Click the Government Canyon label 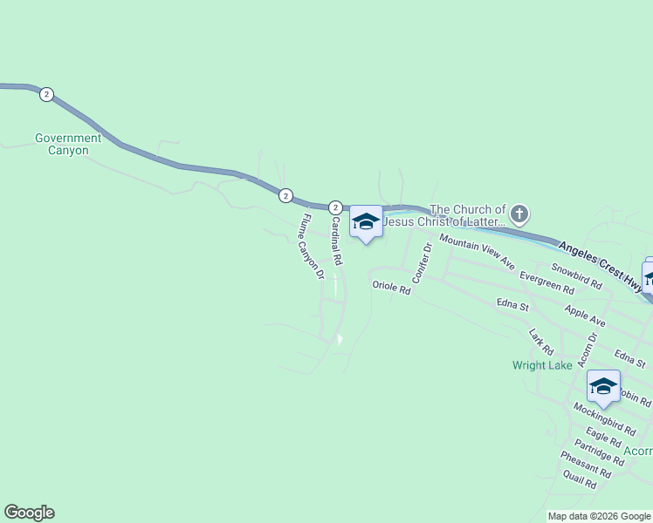[x=68, y=144]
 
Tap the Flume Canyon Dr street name [x=313, y=247]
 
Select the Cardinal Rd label [x=335, y=242]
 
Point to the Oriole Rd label [x=391, y=286]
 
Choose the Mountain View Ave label [x=477, y=251]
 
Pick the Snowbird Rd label [x=576, y=276]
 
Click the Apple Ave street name [x=585, y=316]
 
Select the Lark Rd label [x=541, y=341]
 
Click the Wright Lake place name [x=542, y=365]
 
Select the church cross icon [x=519, y=214]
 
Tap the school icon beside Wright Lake [x=603, y=385]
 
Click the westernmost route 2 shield [x=46, y=95]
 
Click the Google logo [x=29, y=513]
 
